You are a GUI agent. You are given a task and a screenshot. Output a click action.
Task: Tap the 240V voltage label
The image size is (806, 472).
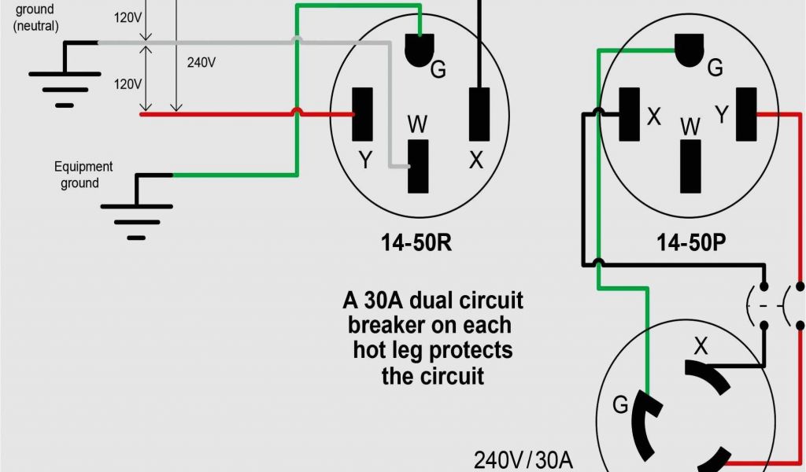201,62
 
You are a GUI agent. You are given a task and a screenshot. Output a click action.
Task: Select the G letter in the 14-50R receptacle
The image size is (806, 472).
438,70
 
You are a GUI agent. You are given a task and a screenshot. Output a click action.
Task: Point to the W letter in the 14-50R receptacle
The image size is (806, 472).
418,124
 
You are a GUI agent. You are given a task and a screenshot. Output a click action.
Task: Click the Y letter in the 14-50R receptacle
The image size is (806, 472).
365,160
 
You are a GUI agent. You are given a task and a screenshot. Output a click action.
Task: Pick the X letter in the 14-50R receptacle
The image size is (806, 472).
475,160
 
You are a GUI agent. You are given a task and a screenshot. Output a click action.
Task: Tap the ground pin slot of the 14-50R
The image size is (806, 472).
420,50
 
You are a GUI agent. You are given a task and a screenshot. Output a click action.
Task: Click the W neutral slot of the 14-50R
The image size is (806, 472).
418,166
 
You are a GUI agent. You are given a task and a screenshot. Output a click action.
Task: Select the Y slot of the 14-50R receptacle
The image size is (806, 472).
363,114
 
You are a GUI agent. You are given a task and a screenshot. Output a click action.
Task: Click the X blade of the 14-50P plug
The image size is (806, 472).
629,114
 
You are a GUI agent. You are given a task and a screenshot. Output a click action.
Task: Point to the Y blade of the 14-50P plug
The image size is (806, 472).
746,114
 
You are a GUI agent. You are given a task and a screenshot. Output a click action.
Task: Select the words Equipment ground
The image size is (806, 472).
83,175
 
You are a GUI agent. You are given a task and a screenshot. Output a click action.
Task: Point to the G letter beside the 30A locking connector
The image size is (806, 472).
620,406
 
